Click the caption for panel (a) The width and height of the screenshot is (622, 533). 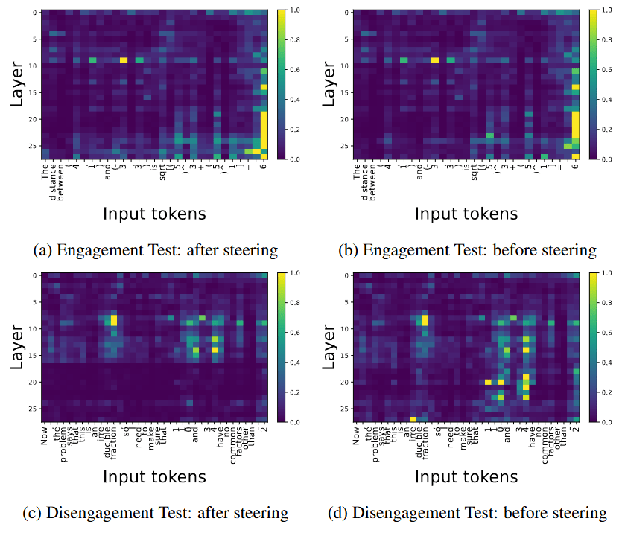coord(156,250)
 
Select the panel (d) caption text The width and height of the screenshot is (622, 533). coord(468,513)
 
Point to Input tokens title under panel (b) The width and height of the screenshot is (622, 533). coord(466,214)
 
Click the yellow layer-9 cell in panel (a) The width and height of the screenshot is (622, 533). coord(124,60)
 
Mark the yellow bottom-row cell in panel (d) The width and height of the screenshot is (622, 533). coord(413,419)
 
